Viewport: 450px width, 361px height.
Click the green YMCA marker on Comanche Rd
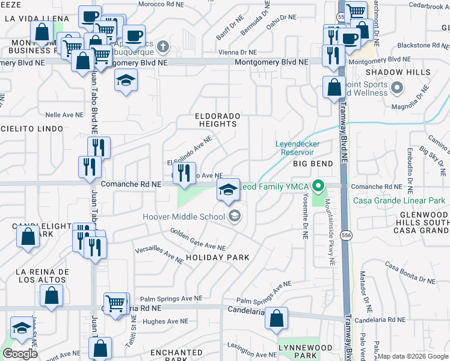tap(321, 186)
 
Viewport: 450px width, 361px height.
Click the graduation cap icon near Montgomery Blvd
tap(126, 81)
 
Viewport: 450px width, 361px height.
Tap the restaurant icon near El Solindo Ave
tap(184, 173)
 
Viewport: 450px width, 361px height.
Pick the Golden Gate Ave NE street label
tap(197, 239)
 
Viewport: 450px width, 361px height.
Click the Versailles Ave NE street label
tap(159, 255)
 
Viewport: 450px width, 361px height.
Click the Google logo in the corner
tap(20, 353)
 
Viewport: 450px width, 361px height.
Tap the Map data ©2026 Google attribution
tap(413, 356)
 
